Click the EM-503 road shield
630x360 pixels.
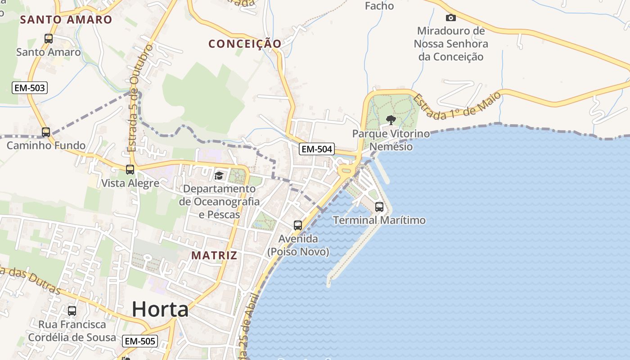(x=30, y=88)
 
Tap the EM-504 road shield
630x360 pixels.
(x=317, y=149)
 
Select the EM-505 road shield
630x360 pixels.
(x=140, y=341)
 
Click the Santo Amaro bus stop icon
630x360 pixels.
(x=49, y=39)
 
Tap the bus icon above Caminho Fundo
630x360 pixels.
(x=46, y=132)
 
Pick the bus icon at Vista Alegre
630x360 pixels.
(x=130, y=170)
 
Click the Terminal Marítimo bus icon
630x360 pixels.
(x=379, y=207)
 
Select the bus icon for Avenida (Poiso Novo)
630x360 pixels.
(x=298, y=225)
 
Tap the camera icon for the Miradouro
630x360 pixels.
(x=450, y=18)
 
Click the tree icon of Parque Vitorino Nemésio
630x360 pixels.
(x=391, y=120)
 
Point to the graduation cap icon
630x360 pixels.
(x=219, y=175)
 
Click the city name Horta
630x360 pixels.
(x=160, y=310)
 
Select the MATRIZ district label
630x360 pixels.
(x=214, y=256)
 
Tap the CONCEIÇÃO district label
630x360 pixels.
(x=245, y=44)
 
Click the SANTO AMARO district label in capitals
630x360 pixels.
(x=66, y=19)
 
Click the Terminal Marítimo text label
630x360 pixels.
(x=379, y=220)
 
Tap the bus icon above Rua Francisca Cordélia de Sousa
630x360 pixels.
(x=72, y=310)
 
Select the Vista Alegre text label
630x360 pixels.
(x=130, y=183)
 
